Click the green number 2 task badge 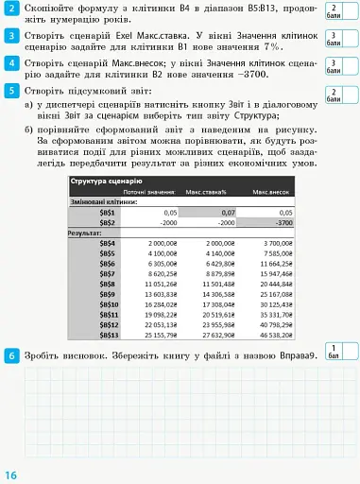click(x=9, y=9)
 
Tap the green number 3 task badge click(x=9, y=36)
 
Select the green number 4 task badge click(x=9, y=63)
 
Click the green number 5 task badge click(x=9, y=91)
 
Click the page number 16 click(x=10, y=474)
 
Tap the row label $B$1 click(x=107, y=213)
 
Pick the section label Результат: click(x=85, y=233)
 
